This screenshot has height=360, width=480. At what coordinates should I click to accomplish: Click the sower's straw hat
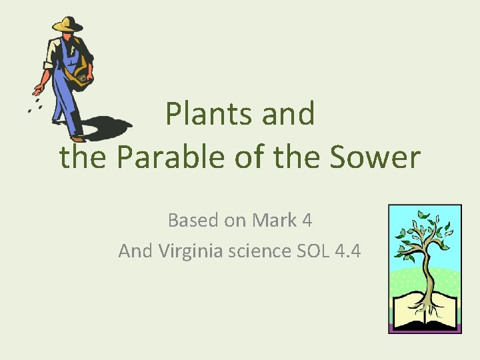67,24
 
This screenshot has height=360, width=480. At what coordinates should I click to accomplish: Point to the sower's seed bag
82,75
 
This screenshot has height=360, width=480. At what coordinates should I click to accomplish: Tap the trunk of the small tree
427,267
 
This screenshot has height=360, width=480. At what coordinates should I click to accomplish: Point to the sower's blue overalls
66,87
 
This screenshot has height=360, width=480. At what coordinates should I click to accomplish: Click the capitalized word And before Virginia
136,251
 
